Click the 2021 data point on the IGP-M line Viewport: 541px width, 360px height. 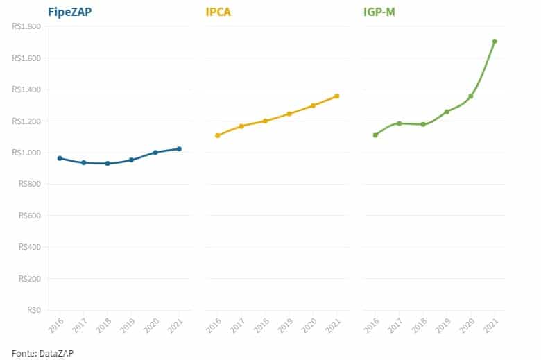(x=495, y=41)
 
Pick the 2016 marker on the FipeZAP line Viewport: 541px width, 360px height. (x=60, y=158)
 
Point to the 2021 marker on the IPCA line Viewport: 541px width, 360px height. (x=336, y=96)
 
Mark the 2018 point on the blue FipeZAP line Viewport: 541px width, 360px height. (x=108, y=163)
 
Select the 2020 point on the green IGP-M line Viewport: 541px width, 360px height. (x=471, y=96)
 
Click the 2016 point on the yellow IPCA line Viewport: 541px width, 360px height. (x=218, y=135)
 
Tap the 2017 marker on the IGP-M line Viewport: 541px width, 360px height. (x=400, y=123)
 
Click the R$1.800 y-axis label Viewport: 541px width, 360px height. (x=26, y=26)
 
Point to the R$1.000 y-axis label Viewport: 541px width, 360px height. (x=26, y=153)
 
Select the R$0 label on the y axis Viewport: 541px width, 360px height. (x=33, y=310)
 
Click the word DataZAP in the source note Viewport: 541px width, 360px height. (x=57, y=353)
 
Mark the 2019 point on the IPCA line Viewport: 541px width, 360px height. (x=289, y=113)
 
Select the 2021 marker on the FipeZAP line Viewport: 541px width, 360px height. (x=179, y=148)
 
